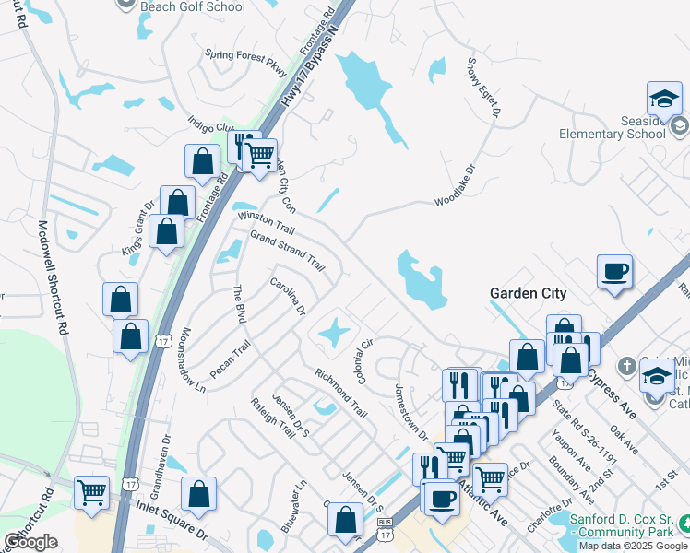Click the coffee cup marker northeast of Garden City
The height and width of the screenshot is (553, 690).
tap(614, 271)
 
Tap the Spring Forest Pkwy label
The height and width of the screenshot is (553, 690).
tap(246, 55)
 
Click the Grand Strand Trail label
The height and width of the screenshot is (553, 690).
tap(288, 250)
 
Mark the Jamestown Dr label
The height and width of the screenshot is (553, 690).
tap(411, 411)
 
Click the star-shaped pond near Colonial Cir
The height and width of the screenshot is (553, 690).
tap(334, 331)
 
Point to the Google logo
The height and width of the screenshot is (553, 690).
tap(30, 542)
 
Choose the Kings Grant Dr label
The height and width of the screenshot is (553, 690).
tap(139, 228)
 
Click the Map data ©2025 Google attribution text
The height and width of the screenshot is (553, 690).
tap(632, 546)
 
